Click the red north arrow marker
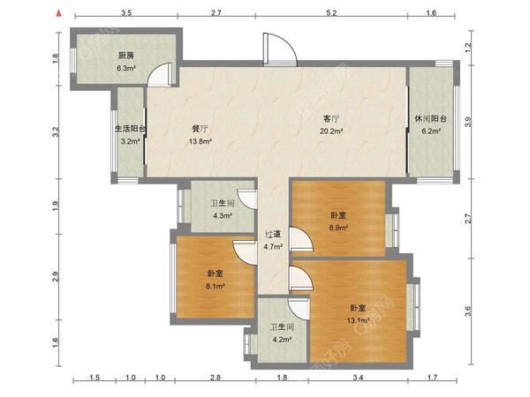59,13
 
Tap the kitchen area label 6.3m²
126,68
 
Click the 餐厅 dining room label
201,129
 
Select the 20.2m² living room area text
331,131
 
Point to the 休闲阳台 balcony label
431,119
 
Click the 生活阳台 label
131,129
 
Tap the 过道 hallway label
273,234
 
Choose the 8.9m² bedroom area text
338,228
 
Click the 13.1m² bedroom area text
359,320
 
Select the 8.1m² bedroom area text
216,286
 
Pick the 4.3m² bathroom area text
222,215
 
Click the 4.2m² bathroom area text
282,340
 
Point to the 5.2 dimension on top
331,13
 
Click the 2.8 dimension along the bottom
216,377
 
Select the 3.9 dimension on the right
468,122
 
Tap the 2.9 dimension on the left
56,277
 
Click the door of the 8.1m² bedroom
244,252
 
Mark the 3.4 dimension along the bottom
358,377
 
